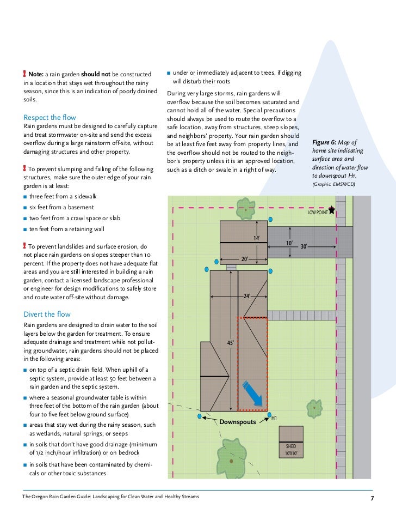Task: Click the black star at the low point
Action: point(332,209)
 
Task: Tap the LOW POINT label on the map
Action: point(318,213)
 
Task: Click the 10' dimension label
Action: point(290,243)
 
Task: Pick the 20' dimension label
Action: point(246,259)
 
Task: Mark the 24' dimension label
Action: point(247,296)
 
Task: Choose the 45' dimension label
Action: point(230,342)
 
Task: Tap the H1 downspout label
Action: point(274,418)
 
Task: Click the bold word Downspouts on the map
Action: point(238,422)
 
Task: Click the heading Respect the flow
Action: point(49,117)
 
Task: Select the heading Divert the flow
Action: point(47,314)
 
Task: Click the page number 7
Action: point(373,499)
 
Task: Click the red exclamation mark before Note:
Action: point(25,74)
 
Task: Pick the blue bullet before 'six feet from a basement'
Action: point(25,208)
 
